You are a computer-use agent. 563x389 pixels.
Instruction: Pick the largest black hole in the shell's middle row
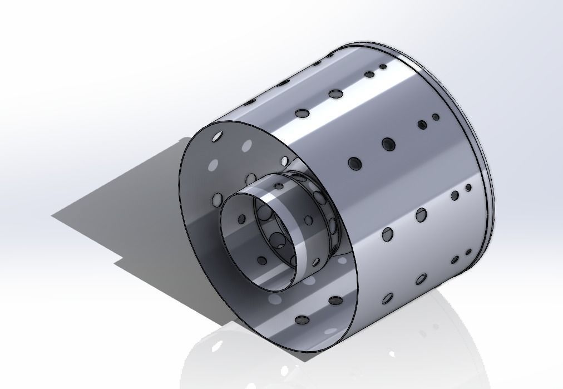(x=354, y=163)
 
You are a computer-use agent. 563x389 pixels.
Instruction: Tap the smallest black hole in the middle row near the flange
(x=436, y=117)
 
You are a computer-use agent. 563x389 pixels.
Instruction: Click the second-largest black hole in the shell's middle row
(x=388, y=144)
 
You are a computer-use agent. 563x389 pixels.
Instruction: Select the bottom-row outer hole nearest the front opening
(x=335, y=301)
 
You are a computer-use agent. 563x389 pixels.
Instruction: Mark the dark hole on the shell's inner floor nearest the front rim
(x=302, y=320)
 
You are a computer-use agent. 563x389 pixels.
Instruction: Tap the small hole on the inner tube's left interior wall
(x=241, y=219)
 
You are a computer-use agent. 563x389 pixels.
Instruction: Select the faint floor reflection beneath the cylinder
(x=334, y=356)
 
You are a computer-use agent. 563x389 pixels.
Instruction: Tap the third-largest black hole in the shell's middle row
(x=422, y=125)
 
